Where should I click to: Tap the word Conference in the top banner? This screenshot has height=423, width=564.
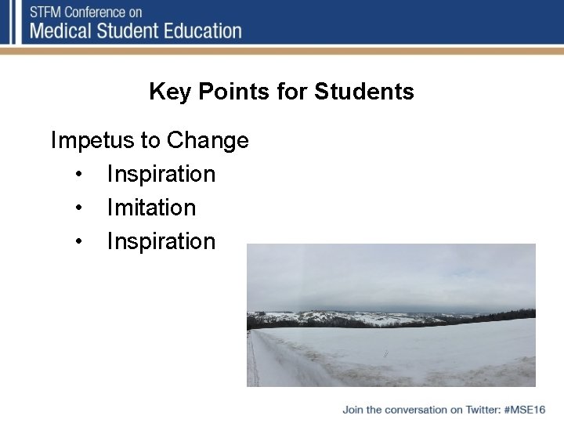coord(95,13)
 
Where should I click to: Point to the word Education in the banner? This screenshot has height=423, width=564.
coord(202,31)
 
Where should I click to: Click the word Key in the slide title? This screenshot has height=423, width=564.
coord(170,92)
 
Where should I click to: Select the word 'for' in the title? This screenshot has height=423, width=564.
coord(293,92)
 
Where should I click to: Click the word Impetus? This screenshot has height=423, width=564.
coord(92,141)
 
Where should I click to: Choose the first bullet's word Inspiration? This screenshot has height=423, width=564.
coord(161,174)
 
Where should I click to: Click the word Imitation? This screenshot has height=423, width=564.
coord(151,208)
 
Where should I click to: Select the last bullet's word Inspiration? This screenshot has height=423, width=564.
coord(161,241)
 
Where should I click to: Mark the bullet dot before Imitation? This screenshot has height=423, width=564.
coord(78,208)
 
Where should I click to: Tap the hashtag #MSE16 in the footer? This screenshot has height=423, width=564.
coord(525,410)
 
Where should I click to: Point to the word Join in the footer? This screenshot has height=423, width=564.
coord(352,410)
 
